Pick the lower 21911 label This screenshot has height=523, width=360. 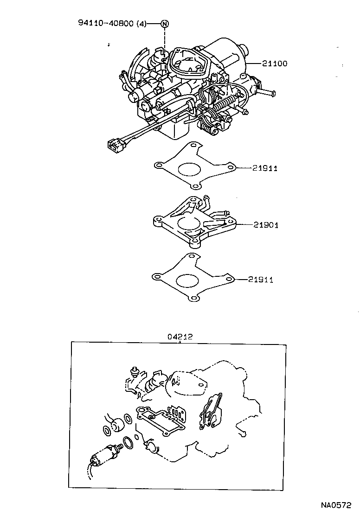[x=260, y=280]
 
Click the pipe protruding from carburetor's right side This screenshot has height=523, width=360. [x=267, y=93]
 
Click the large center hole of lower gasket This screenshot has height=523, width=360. [x=186, y=281]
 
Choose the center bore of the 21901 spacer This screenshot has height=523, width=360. [x=189, y=225]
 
